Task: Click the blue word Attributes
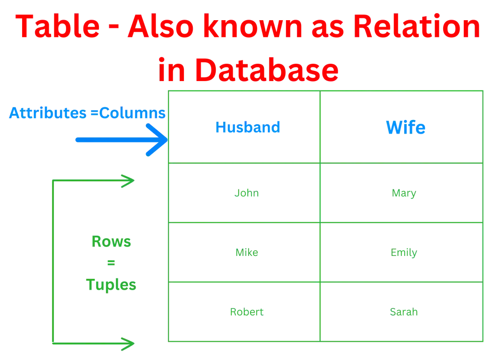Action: [x=46, y=113]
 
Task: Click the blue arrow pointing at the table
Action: [x=122, y=140]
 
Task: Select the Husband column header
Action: [x=248, y=127]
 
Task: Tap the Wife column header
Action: [x=405, y=127]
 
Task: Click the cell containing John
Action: [x=247, y=193]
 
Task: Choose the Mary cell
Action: [x=403, y=193]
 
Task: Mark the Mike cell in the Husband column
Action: [x=246, y=253]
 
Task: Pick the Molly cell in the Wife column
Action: [x=403, y=253]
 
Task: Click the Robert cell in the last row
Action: [x=247, y=312]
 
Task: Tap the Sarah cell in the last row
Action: [x=403, y=312]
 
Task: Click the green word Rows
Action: [x=111, y=243]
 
